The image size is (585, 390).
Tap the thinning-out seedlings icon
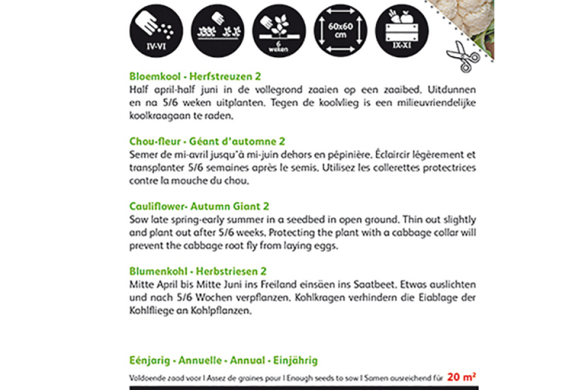point(217,30)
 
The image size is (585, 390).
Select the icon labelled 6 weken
point(278,30)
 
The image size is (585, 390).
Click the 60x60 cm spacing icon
point(340,30)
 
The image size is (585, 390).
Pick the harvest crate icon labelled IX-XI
point(401,30)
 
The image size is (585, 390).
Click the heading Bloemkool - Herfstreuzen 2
point(195,76)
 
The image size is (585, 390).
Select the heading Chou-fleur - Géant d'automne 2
point(207,141)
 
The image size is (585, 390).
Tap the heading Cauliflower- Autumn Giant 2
point(199,206)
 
